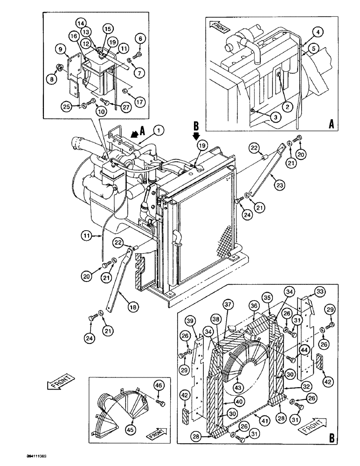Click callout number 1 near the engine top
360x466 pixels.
pos(160,131)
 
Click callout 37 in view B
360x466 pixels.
pos(227,305)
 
